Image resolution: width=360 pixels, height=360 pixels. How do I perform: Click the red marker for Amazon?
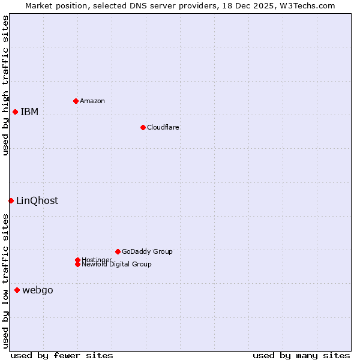(x=76, y=101)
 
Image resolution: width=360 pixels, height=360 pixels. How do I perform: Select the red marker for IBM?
(x=15, y=112)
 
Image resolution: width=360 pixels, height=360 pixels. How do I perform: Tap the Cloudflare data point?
(x=143, y=127)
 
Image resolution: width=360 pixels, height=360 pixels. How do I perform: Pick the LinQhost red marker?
(x=11, y=200)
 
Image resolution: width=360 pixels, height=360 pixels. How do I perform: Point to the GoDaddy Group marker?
(x=118, y=251)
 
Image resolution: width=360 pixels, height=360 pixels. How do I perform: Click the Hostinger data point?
(x=77, y=260)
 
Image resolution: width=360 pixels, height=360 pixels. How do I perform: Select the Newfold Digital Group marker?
(x=77, y=264)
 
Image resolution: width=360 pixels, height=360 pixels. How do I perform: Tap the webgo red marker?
(x=17, y=290)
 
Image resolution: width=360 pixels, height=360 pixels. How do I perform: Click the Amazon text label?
(x=92, y=101)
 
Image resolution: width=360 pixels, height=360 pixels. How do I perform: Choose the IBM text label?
(x=29, y=112)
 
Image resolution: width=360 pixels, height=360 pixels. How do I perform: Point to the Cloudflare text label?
(x=163, y=127)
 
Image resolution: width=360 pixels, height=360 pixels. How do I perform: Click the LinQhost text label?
(x=37, y=201)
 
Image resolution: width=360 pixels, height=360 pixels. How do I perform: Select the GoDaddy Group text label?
(x=147, y=251)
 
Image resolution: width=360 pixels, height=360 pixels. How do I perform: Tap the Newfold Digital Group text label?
(x=117, y=265)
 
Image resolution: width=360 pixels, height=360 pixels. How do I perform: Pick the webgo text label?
(x=38, y=290)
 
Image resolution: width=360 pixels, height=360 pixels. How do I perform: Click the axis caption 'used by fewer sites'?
(x=62, y=355)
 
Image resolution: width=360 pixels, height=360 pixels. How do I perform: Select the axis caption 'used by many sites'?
(x=301, y=355)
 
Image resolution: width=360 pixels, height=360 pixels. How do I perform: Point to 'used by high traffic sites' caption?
(x=6, y=86)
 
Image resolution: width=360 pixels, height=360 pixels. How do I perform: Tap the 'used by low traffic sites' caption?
(x=6, y=281)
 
